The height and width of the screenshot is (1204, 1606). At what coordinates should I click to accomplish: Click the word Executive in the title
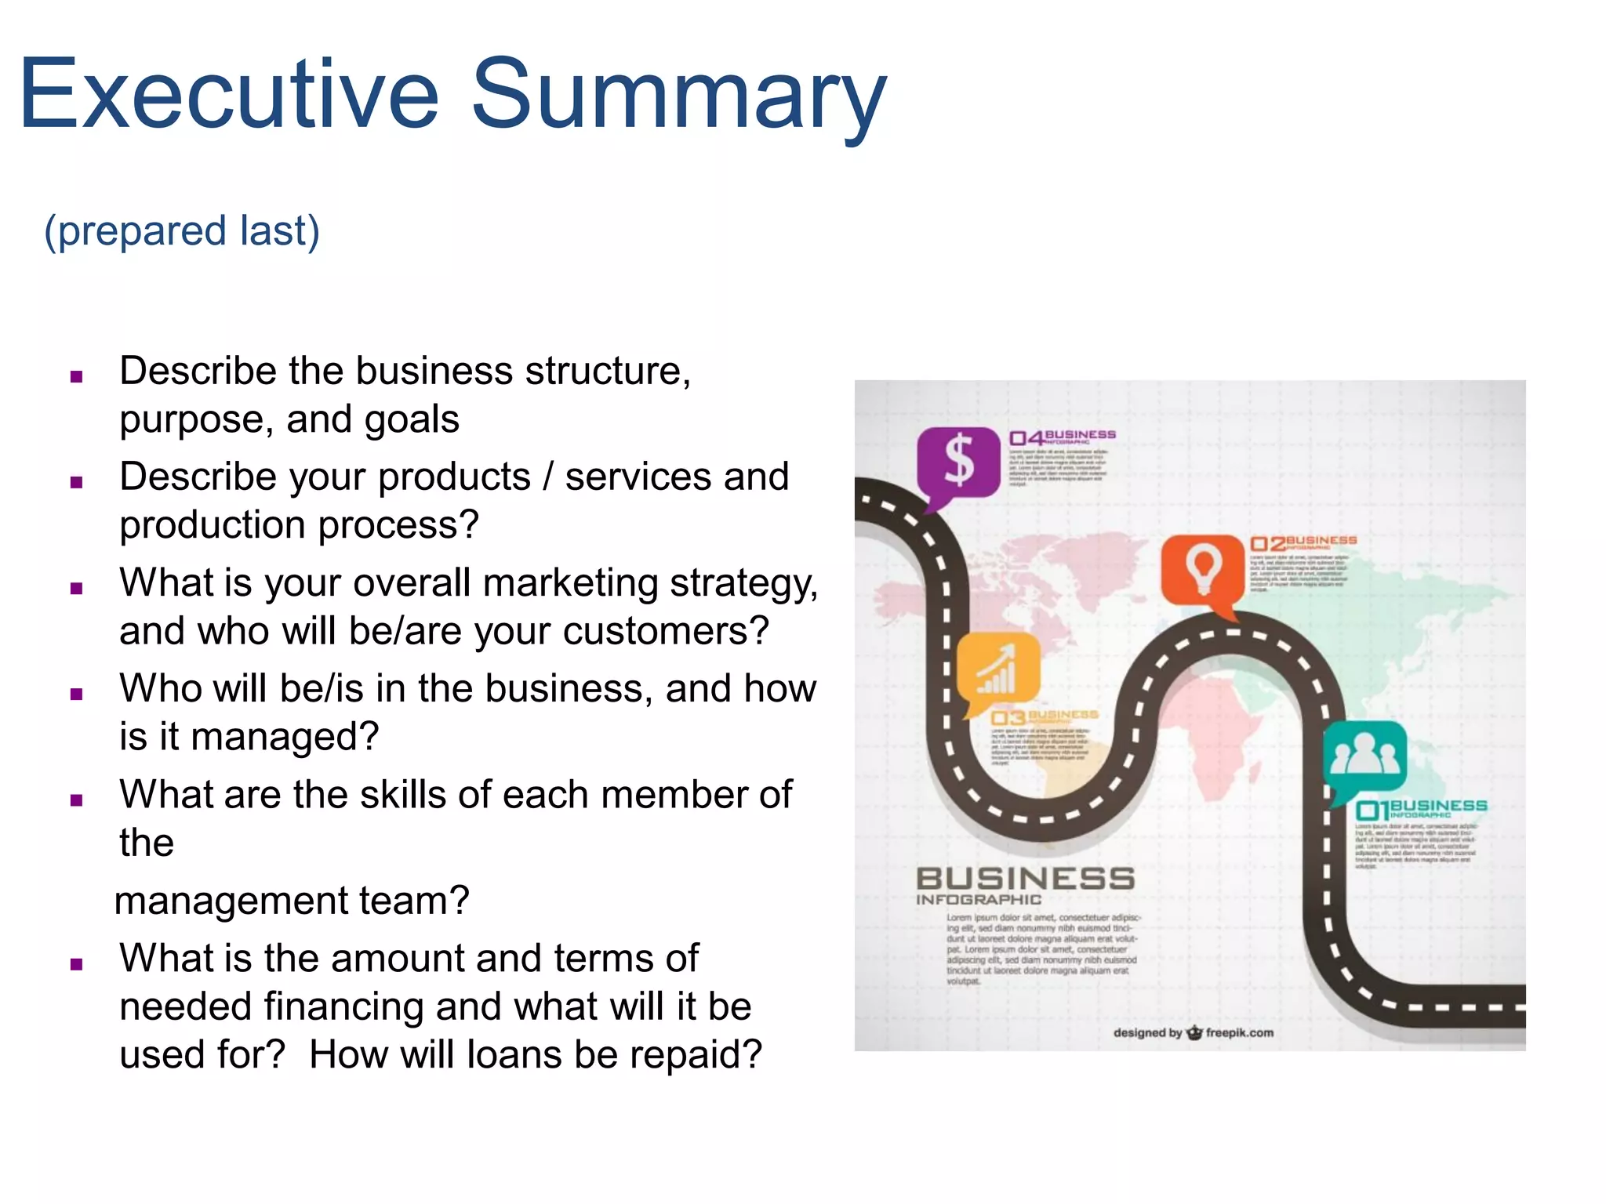pos(228,94)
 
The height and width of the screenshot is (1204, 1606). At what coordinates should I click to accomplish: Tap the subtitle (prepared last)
pos(182,231)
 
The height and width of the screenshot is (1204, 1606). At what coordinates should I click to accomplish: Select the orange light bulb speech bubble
pos(1203,571)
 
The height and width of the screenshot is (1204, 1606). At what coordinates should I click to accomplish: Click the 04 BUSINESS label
pos(1062,437)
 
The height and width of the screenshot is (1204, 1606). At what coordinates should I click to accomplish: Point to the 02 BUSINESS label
pos(1303,542)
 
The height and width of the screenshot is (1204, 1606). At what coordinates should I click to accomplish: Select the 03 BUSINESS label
pos(1044,717)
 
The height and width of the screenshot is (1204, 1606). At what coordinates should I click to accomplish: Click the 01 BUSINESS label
pos(1421,809)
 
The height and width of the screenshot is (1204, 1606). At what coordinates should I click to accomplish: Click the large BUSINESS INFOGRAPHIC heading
pos(1025,885)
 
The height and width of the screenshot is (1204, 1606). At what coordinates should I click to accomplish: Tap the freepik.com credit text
pos(1239,1032)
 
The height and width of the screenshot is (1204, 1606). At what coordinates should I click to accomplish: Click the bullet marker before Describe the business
pos(76,377)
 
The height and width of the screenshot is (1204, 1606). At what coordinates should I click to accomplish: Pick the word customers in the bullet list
pos(653,632)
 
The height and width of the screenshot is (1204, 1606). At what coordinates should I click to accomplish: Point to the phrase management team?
pos(292,901)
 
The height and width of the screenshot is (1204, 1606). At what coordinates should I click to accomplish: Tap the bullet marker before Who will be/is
pos(76,694)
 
